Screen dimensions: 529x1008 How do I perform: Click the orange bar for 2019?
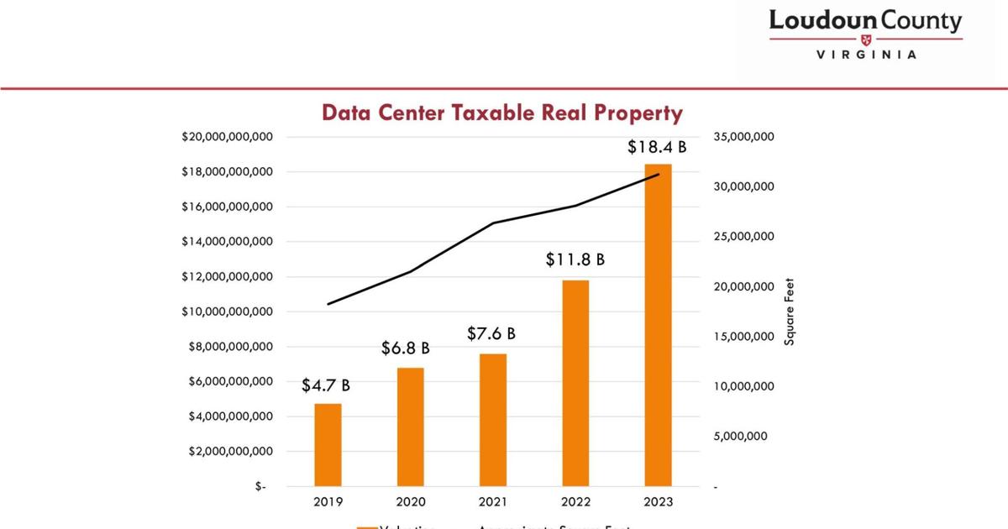328,445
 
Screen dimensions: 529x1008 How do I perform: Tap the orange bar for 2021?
493,420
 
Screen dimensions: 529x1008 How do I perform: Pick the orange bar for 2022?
576,383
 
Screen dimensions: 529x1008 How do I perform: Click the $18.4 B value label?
657,147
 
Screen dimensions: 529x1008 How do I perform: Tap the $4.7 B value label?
326,385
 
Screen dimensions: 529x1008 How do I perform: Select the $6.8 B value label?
406,348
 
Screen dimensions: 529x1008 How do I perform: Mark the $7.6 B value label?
491,333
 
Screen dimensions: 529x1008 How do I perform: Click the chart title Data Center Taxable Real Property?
502,113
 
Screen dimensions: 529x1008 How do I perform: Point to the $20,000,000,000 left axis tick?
227,137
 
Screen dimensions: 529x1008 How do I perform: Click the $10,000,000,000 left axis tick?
227,312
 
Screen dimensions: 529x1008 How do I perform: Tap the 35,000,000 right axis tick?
743,137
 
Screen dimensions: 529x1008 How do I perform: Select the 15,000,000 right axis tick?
743,337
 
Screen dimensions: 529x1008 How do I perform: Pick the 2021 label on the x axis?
493,501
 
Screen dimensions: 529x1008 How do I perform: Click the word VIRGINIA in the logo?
866,55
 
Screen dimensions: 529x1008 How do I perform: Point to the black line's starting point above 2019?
328,304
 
